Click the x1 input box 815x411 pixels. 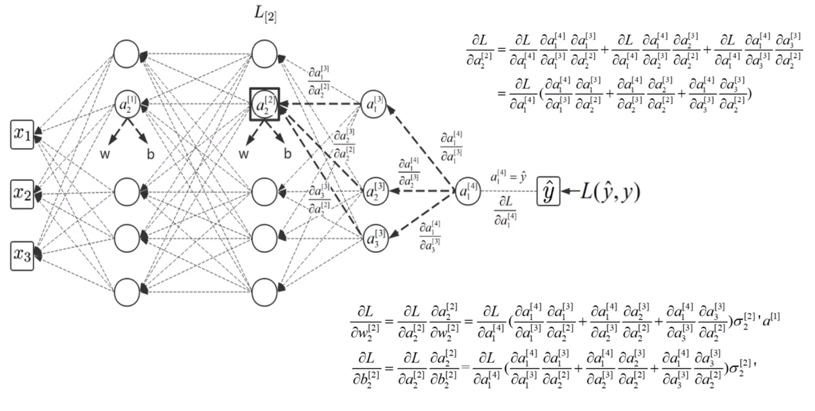click(22, 134)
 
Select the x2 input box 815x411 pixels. click(22, 194)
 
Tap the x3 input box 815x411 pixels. click(22, 256)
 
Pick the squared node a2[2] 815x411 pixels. click(264, 104)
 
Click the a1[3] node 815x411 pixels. click(374, 104)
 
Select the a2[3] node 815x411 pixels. click(375, 191)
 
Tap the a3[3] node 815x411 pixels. click(375, 239)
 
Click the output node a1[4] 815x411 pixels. click(468, 191)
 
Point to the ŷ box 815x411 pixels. click(548, 192)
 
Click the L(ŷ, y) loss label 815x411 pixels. click(610, 192)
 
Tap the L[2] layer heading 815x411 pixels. click(265, 14)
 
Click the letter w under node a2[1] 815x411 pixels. click(105, 154)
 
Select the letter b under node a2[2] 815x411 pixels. click(287, 154)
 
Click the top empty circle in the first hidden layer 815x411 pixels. click(126, 54)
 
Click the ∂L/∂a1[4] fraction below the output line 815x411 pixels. click(505, 211)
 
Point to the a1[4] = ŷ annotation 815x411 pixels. click(508, 177)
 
